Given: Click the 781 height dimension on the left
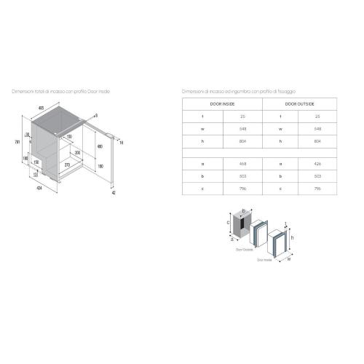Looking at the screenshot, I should point(17,141).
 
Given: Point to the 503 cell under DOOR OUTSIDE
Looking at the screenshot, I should point(317,175).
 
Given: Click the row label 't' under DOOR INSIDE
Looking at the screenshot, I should point(202,116).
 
